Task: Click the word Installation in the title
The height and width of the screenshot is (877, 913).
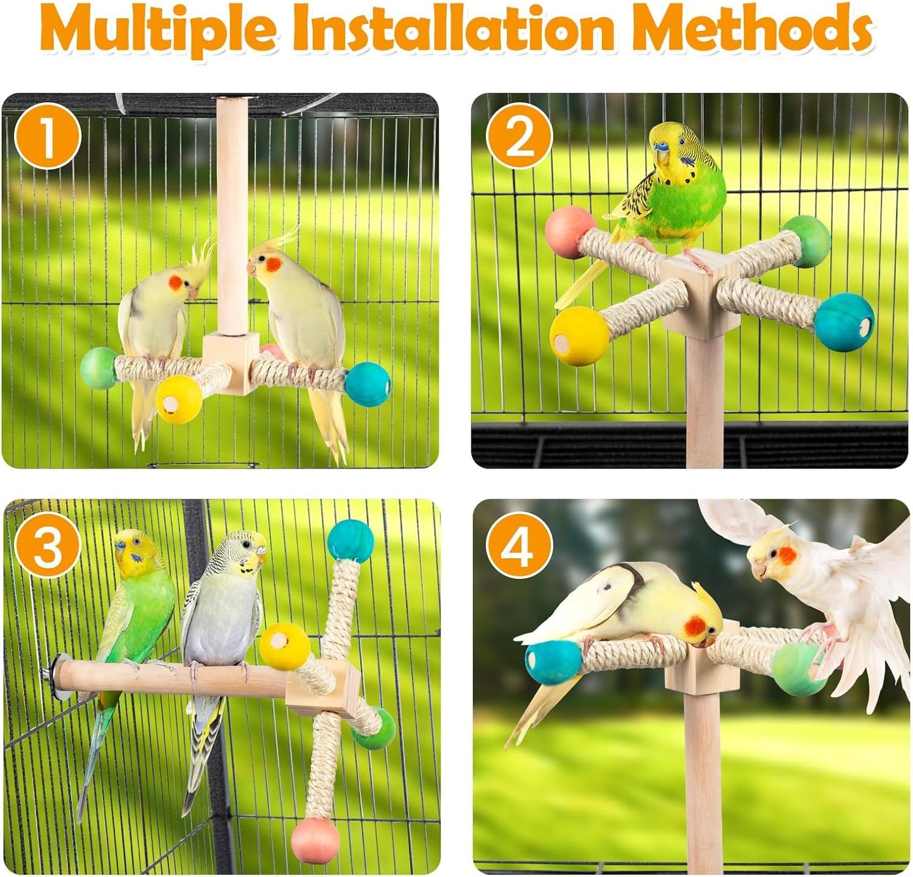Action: click(x=452, y=28)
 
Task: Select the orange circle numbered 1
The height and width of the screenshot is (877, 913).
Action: click(x=47, y=136)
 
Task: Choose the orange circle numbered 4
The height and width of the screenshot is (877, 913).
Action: click(x=519, y=545)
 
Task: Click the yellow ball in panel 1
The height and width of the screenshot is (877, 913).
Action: click(x=179, y=399)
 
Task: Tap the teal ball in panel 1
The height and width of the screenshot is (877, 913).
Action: click(x=368, y=384)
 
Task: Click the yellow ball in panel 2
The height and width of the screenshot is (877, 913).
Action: click(x=579, y=336)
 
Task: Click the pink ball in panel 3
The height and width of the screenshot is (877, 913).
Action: click(x=316, y=840)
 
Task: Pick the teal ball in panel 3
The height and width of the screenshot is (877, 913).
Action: click(x=351, y=541)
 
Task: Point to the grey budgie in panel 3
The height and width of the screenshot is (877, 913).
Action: click(x=221, y=625)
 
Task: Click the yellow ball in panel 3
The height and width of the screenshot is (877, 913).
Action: click(x=284, y=646)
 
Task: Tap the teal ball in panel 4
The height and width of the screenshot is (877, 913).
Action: click(x=553, y=662)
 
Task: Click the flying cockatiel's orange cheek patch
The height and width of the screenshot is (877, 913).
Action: click(x=787, y=556)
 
